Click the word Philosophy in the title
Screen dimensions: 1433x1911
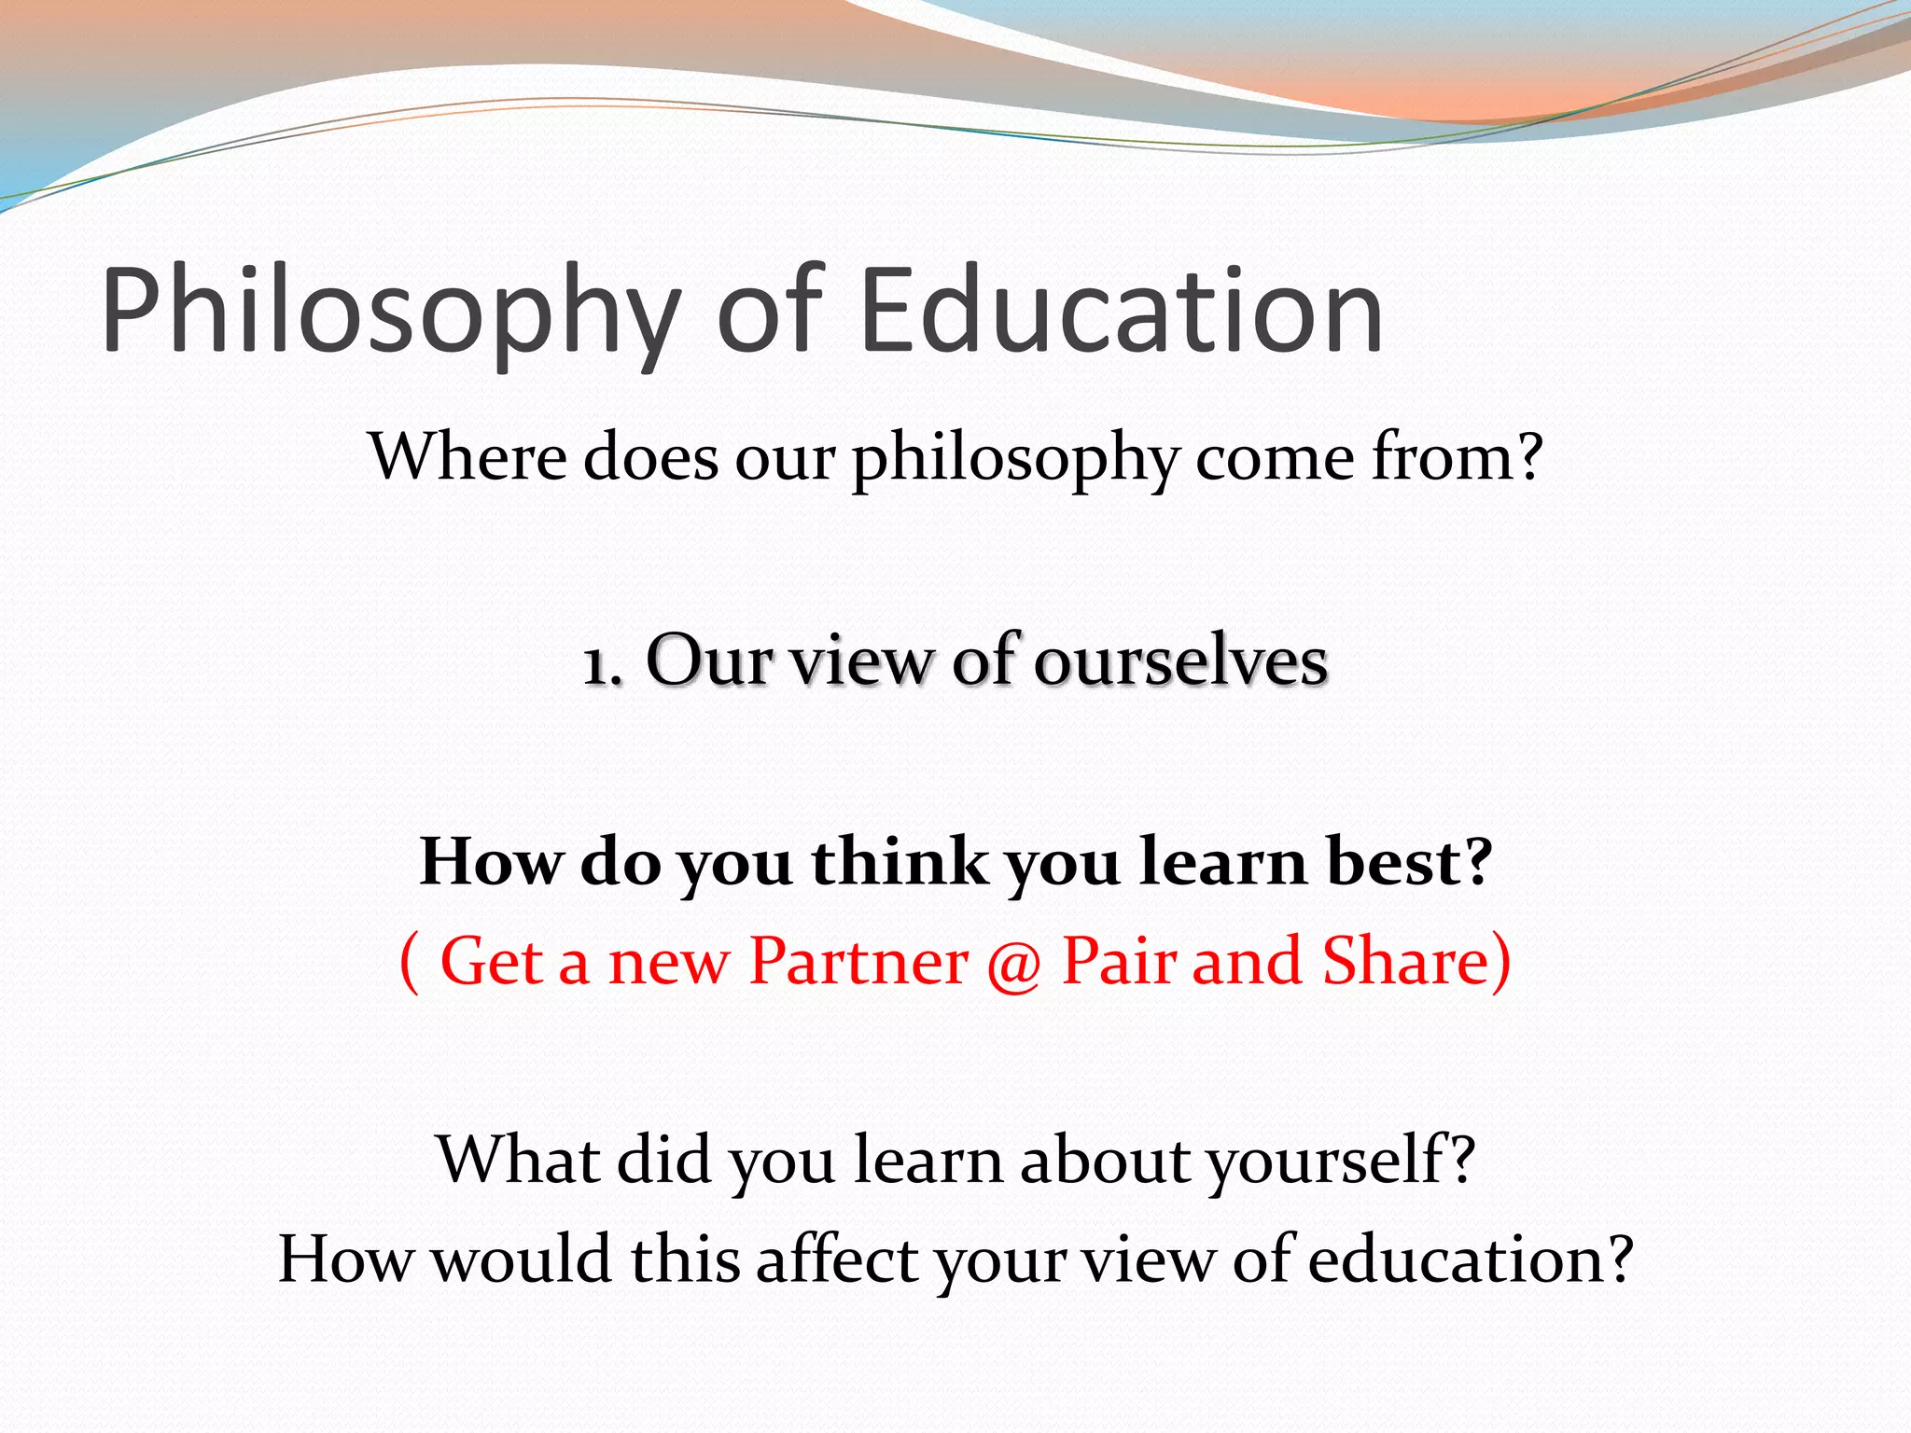pyautogui.click(x=391, y=313)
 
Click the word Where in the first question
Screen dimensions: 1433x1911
pyautogui.click(x=467, y=457)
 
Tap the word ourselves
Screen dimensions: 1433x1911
pyautogui.click(x=1180, y=661)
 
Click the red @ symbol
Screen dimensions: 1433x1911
pyautogui.click(x=1013, y=964)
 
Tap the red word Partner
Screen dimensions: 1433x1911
pyautogui.click(x=858, y=961)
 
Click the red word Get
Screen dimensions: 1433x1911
pyautogui.click(x=491, y=961)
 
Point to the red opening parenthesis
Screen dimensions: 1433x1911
pyautogui.click(x=409, y=964)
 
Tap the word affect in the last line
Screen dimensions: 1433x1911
pyautogui.click(x=836, y=1259)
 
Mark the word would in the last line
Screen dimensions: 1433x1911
pyautogui.click(x=523, y=1259)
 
